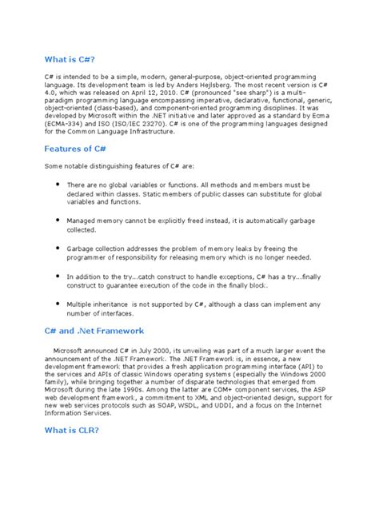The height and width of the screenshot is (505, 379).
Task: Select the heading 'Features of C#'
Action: coord(77,149)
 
